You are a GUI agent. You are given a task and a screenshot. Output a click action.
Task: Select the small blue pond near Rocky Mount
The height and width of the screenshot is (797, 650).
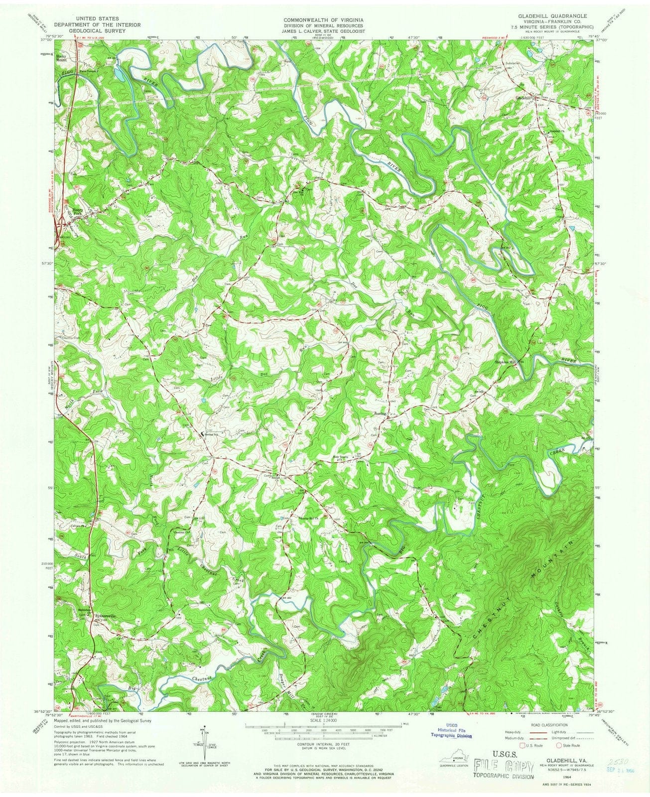click(x=121, y=75)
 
